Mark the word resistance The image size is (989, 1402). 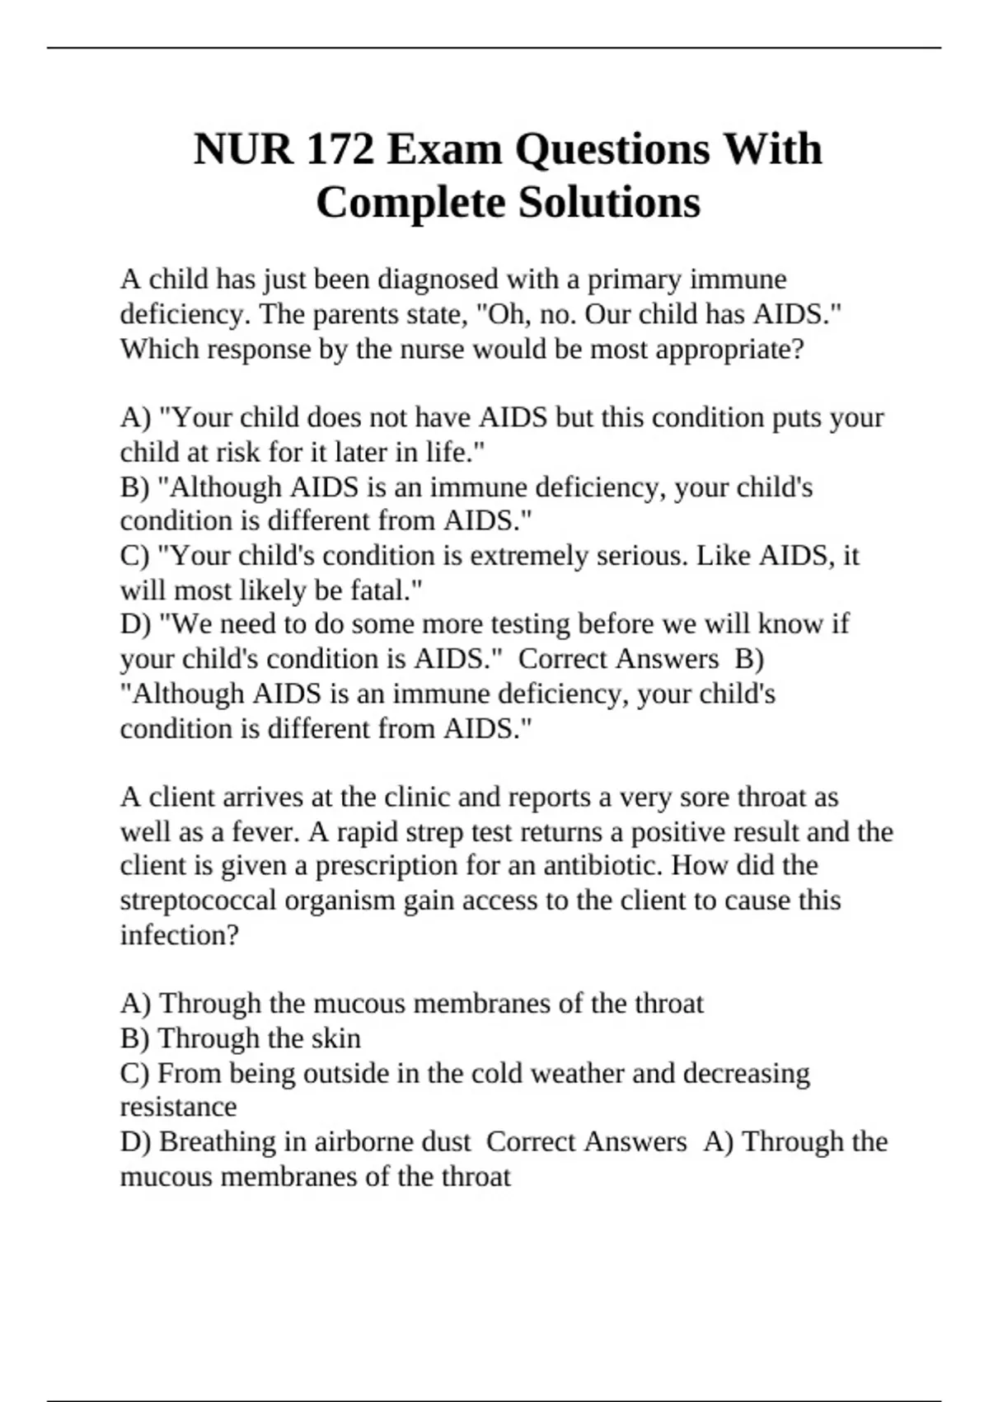[178, 1107]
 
